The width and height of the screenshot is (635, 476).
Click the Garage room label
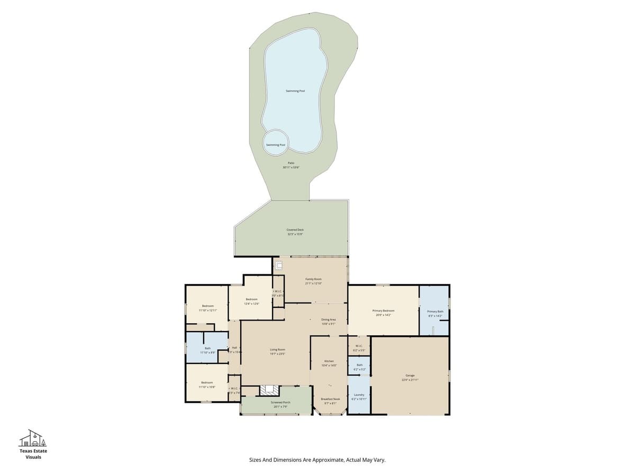pyautogui.click(x=410, y=376)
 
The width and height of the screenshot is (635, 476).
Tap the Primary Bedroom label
pyautogui.click(x=383, y=311)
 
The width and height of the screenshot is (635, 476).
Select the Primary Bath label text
pyautogui.click(x=435, y=312)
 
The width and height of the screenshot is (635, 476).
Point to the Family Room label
pyautogui.click(x=313, y=279)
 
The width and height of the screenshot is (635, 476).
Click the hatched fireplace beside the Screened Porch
pyautogui.click(x=269, y=390)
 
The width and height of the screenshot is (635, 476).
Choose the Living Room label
pyautogui.click(x=278, y=350)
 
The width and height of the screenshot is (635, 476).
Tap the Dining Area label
pyautogui.click(x=329, y=319)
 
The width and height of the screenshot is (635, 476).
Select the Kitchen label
pyautogui.click(x=329, y=361)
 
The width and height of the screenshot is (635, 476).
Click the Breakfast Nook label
pyautogui.click(x=330, y=399)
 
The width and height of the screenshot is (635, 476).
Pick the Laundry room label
pyautogui.click(x=359, y=395)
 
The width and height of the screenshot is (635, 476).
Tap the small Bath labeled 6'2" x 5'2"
pyautogui.click(x=359, y=365)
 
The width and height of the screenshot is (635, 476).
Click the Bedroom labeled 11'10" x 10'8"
pyautogui.click(x=207, y=382)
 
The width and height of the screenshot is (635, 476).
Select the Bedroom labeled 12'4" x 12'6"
pyautogui.click(x=251, y=299)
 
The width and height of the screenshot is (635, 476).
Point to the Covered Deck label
pyautogui.click(x=295, y=230)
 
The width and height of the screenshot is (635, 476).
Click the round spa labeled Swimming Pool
pyautogui.click(x=276, y=144)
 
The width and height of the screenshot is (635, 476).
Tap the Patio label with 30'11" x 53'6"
pyautogui.click(x=291, y=163)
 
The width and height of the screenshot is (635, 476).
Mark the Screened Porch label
pyautogui.click(x=280, y=402)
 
